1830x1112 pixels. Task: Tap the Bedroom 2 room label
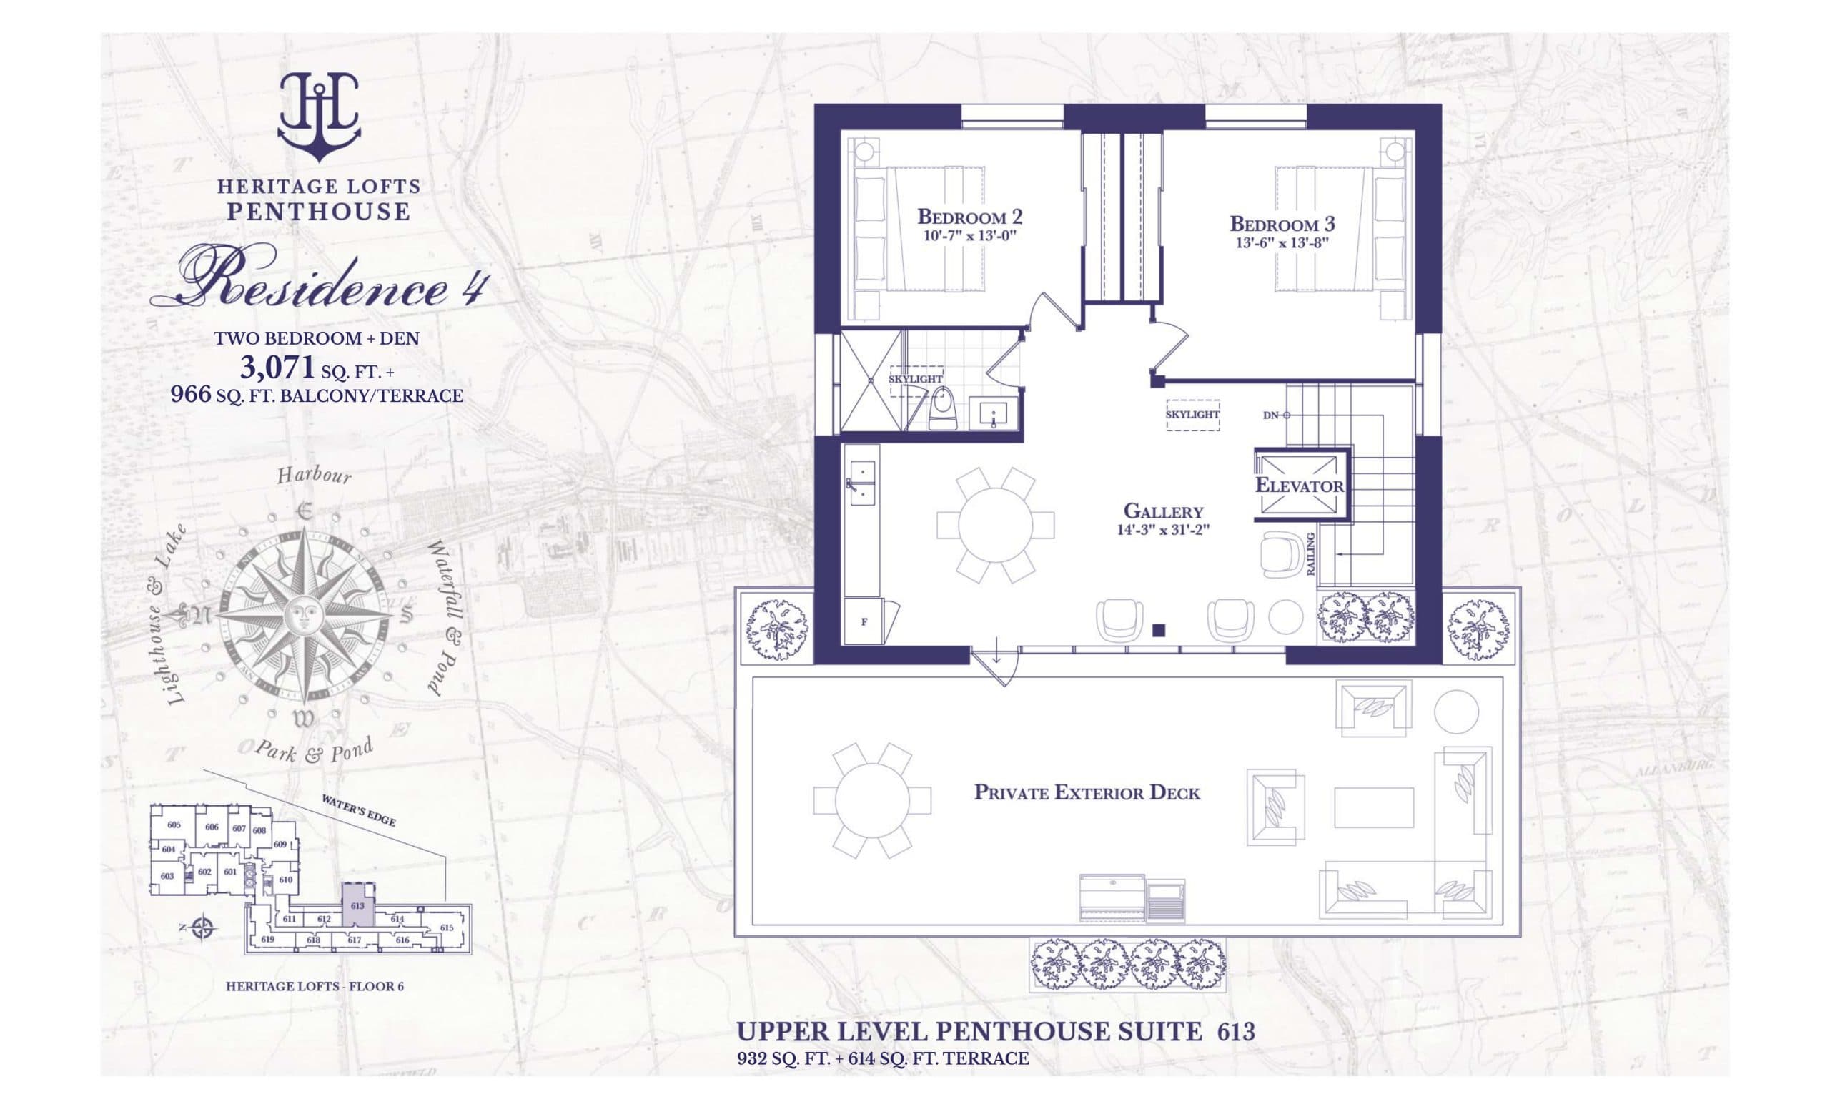tap(970, 217)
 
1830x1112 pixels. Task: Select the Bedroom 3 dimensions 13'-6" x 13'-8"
tap(1281, 242)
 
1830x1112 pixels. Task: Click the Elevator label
tap(1299, 486)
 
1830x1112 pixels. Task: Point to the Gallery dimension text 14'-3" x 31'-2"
tap(1163, 530)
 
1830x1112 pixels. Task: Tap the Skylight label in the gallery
tap(1193, 415)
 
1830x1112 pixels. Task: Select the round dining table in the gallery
tap(995, 525)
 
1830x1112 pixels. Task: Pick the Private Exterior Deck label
tap(1087, 792)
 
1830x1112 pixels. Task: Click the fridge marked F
tap(864, 622)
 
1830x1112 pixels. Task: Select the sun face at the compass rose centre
tap(302, 615)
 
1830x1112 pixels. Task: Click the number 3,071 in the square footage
tap(278, 367)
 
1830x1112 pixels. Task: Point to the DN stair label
tap(1272, 415)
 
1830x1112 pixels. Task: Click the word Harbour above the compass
tap(313, 476)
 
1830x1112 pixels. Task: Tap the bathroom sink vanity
tap(993, 413)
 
